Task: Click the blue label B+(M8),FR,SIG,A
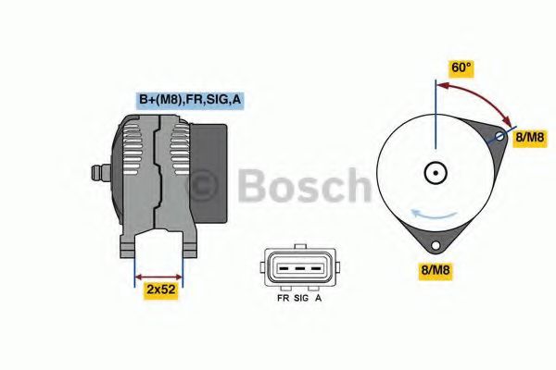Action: [x=191, y=98]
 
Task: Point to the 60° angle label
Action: [x=461, y=68]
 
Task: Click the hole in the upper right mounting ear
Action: [x=499, y=137]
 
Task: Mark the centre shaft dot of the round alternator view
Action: [x=434, y=172]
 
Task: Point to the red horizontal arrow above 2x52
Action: [x=159, y=275]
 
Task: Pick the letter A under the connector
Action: [x=318, y=300]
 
